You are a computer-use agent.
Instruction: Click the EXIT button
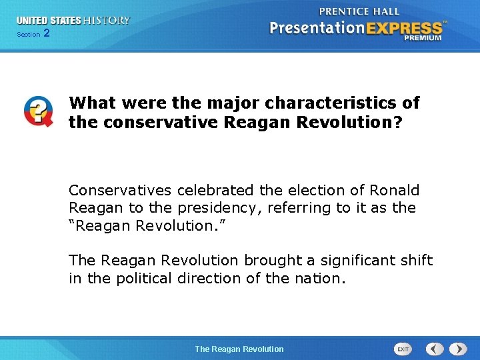tap(403, 349)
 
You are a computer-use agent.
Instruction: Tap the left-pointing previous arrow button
tap(435, 349)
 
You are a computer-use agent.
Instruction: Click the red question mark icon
tap(38, 111)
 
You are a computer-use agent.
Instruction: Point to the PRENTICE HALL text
tap(359, 11)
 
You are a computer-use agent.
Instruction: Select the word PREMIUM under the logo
tap(422, 38)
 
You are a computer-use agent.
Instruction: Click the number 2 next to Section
tap(46, 33)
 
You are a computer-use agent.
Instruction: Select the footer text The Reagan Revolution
tap(239, 349)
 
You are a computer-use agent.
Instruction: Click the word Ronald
tap(395, 190)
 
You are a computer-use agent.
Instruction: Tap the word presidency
tap(224, 208)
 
